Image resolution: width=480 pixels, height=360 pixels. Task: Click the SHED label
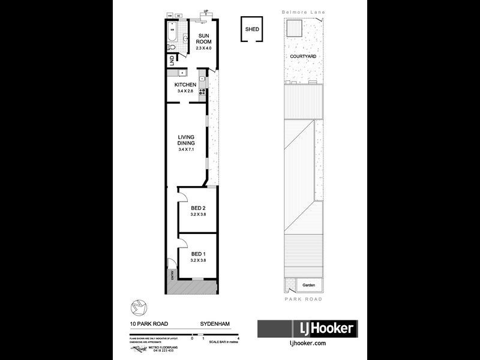[251, 29]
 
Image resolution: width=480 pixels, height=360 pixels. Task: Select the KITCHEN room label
[185, 85]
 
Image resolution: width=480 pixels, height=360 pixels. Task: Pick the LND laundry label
[172, 61]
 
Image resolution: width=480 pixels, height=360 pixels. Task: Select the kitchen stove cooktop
[203, 92]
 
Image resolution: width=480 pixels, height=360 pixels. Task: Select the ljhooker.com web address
[307, 344]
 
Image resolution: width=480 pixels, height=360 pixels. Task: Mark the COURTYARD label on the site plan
[303, 56]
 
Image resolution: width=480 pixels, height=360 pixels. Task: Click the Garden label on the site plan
[308, 285]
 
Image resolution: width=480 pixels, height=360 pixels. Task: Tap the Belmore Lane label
[304, 11]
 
